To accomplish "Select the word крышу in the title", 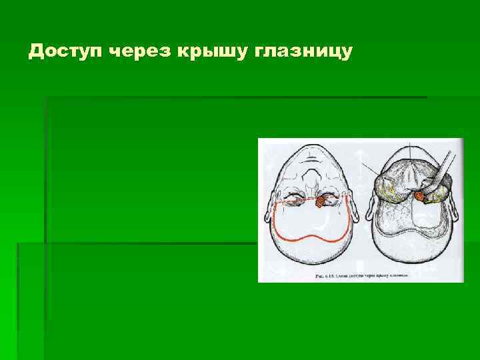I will tap(211, 51).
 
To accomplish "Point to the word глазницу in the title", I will tap(303, 51).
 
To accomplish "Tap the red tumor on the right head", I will tap(420, 195).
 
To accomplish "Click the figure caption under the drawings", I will tap(361, 275).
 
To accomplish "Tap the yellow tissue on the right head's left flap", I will tap(387, 193).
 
